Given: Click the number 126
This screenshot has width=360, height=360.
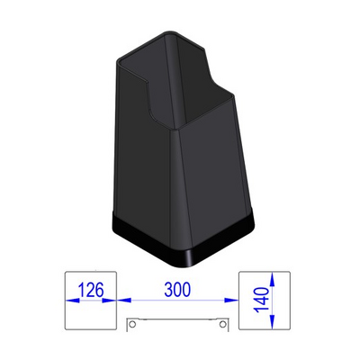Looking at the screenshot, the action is coord(91,290).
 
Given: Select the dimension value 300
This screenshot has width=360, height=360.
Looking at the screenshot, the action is coord(177,290).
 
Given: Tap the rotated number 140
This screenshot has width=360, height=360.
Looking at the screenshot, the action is coord(261,300).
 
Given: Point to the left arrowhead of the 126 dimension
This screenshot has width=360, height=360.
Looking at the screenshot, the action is coord(73,300).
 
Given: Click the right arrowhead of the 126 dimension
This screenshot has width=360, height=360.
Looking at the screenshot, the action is coord(109,300).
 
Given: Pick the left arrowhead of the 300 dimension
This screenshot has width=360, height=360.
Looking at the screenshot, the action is coord(124,300).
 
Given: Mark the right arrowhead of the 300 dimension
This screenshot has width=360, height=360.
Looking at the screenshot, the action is coord(231,300).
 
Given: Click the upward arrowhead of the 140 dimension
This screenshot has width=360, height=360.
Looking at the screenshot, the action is coord(272,279).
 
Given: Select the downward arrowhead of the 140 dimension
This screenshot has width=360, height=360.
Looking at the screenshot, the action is coord(272,321).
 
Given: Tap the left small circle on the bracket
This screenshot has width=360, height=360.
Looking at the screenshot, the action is coord(131,324).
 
